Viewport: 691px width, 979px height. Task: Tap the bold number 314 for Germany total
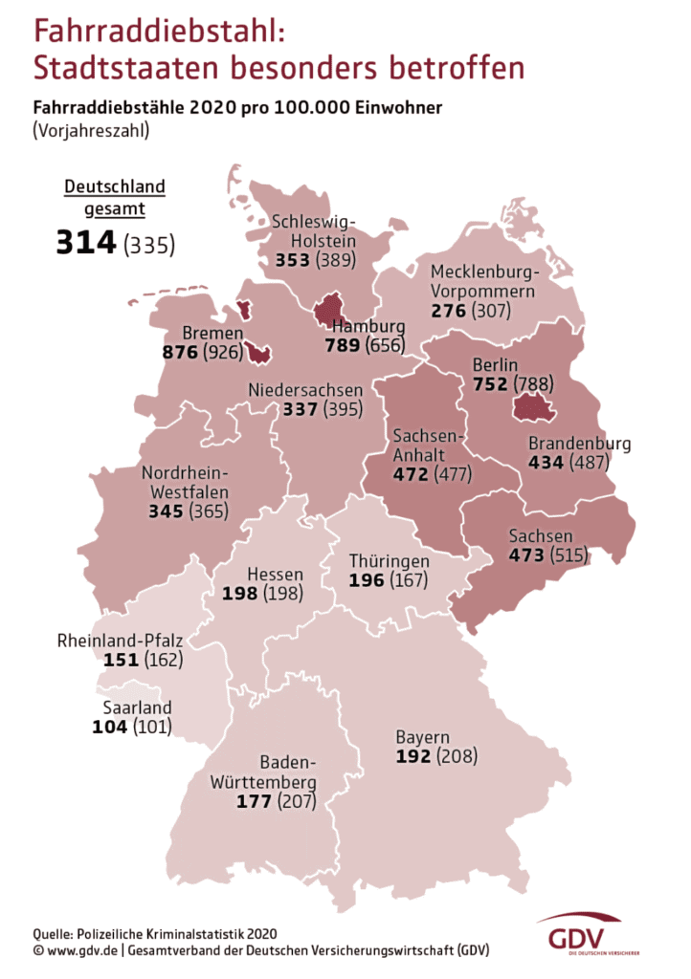tap(85, 243)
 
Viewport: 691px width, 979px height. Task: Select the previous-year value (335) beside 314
tap(149, 245)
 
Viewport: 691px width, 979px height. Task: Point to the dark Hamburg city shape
tap(329, 308)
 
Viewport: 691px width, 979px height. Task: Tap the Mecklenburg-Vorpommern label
tap(482, 281)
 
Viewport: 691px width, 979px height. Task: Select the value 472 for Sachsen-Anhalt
tap(411, 473)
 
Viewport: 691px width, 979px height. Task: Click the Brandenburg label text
tap(580, 444)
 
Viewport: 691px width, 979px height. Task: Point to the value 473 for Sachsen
tap(527, 555)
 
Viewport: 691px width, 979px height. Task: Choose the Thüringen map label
tap(389, 561)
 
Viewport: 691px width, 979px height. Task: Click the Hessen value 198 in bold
tap(239, 594)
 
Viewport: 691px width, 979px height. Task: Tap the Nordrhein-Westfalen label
tap(191, 483)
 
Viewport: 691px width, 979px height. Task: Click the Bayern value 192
tap(413, 756)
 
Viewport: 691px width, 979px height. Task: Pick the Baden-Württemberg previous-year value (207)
tap(297, 801)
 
